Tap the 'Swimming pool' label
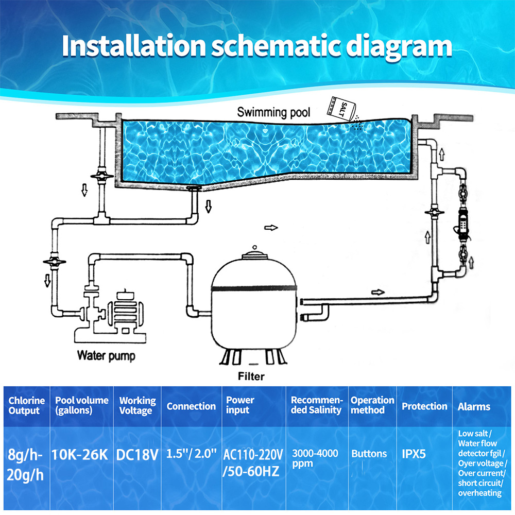[273, 112]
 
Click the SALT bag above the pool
[341, 108]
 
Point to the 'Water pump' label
[106, 355]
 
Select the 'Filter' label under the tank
[251, 376]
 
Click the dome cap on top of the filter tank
[254, 254]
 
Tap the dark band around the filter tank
[254, 288]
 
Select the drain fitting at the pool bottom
[194, 188]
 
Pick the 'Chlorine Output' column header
[26, 405]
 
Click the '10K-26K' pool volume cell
[80, 455]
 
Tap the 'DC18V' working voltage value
[138, 455]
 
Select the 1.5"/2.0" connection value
[191, 454]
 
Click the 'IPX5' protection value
[414, 454]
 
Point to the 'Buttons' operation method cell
[369, 454]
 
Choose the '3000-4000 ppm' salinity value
[315, 458]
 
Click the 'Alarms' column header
[474, 407]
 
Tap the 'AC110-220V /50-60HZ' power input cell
[252, 463]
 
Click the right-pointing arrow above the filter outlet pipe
[377, 292]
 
